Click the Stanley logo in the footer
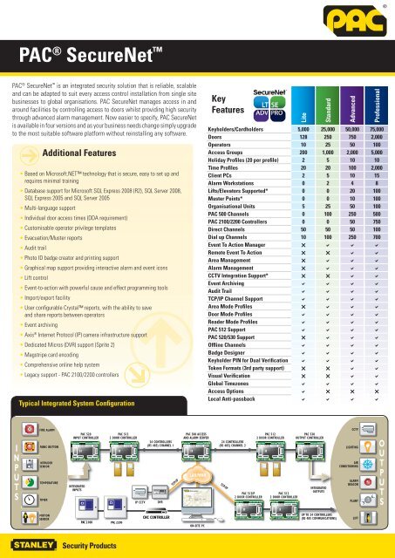pos(32,544)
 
